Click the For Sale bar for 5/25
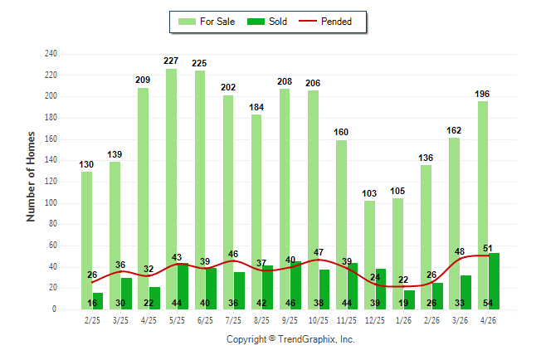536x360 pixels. tap(172, 189)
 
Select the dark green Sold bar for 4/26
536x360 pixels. tap(494, 281)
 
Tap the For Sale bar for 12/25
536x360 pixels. tap(369, 255)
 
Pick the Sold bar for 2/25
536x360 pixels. tap(97, 301)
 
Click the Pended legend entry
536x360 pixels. tap(325, 22)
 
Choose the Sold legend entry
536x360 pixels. tap(267, 22)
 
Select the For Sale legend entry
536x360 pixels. tap(207, 22)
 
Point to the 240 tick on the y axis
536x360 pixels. tap(51, 54)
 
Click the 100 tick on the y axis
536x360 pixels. tap(51, 202)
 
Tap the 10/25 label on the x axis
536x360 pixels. tap(319, 320)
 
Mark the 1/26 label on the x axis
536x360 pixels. tap(403, 320)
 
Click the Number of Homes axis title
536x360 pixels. tap(31, 177)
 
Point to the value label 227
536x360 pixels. tap(171, 61)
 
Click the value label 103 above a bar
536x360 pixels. tap(369, 193)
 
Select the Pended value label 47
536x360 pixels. tap(319, 252)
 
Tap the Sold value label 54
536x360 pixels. tap(488, 303)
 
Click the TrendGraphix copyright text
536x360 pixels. tap(290, 339)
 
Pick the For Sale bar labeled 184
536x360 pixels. tap(256, 212)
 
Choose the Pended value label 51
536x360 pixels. tap(488, 248)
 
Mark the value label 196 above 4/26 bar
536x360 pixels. tap(482, 94)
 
